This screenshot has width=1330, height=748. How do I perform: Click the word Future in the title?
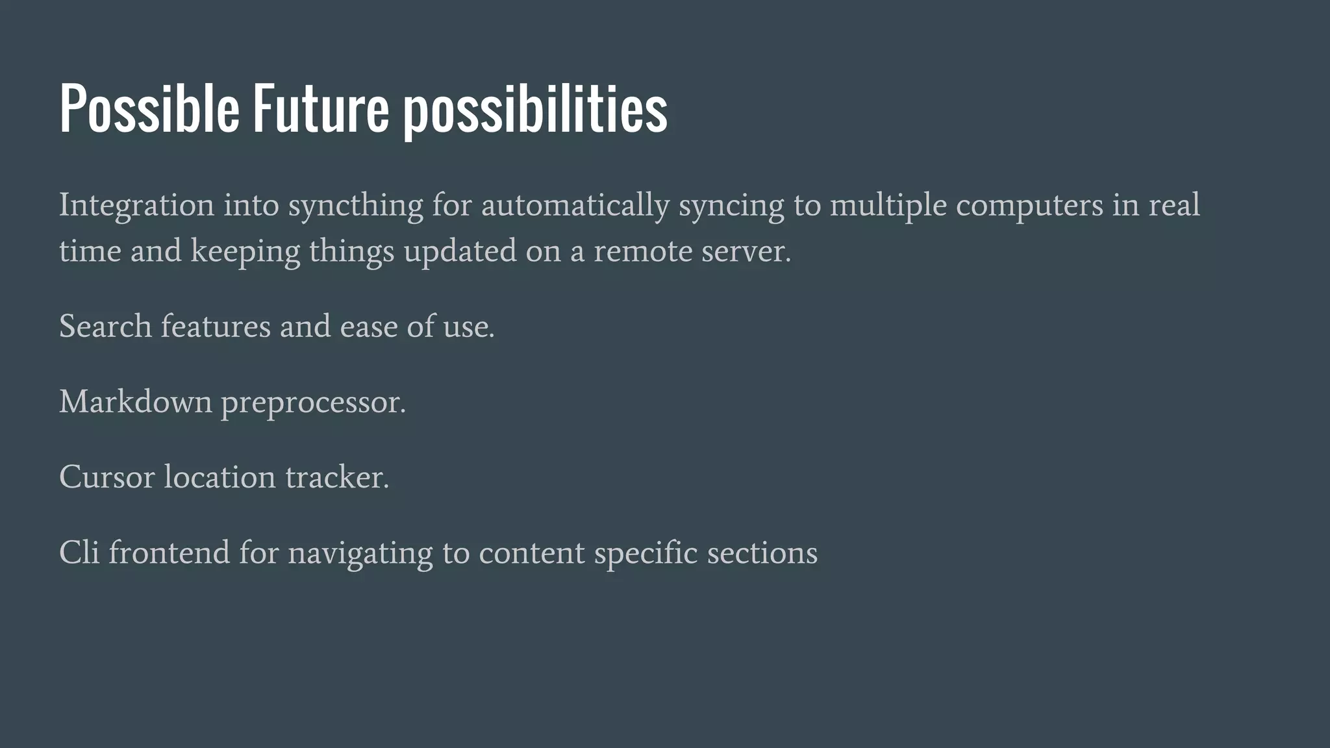321,108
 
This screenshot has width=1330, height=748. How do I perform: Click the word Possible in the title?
149,108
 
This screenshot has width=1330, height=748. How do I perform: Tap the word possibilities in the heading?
535,110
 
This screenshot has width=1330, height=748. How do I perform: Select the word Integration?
136,206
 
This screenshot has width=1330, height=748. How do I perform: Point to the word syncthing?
355,206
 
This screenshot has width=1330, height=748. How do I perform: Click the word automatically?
575,206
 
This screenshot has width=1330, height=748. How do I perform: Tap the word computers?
1029,206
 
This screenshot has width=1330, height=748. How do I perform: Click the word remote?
643,251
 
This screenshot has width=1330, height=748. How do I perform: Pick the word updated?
460,251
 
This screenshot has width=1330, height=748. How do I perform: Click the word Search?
105,326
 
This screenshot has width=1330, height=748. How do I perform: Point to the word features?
216,326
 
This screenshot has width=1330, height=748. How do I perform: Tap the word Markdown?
135,402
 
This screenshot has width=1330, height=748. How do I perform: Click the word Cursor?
107,477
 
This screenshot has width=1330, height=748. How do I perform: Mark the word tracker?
337,477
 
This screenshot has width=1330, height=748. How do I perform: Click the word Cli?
79,553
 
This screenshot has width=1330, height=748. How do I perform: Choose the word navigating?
360,554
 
